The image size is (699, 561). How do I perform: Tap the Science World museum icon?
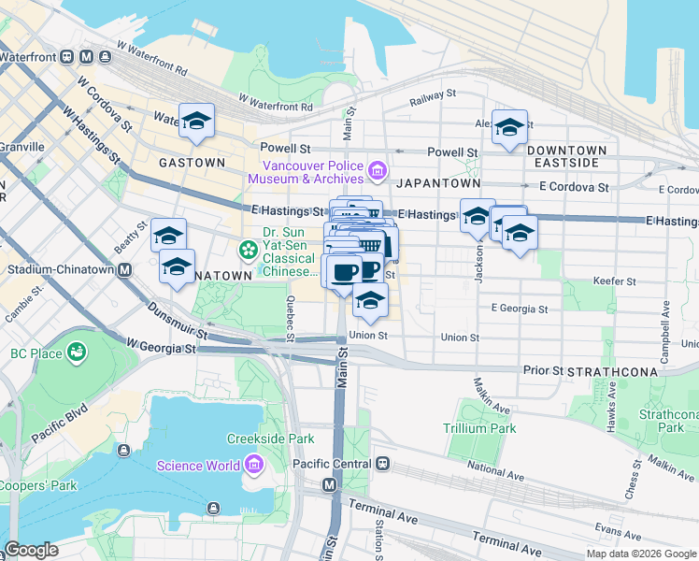coord(253,465)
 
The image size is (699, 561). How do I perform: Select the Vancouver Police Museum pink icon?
coord(378,169)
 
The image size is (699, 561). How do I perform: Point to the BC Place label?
coord(36,353)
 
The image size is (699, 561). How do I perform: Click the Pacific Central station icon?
coord(382,464)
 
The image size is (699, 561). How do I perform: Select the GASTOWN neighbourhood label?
coord(192,162)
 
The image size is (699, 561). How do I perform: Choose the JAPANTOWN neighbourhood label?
coord(437,183)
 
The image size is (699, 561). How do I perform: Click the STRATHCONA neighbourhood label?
coord(618,371)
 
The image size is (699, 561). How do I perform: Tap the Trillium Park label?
coord(478,428)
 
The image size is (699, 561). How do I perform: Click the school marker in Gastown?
coord(196,121)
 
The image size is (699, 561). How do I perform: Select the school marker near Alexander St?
coord(509,128)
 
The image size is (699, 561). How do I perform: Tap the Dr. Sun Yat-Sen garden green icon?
coord(249,249)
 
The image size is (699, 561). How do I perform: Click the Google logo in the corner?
coord(31,550)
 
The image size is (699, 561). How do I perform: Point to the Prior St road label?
coord(542,370)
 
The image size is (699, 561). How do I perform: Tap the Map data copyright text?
coord(641,554)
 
